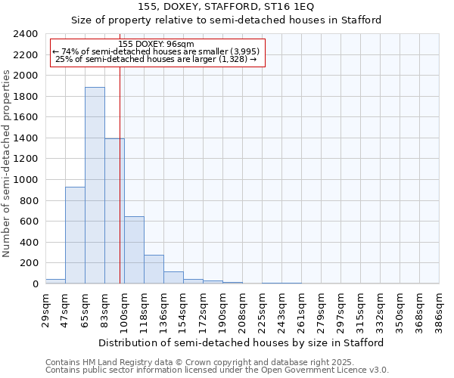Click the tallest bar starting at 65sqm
tap(95, 185)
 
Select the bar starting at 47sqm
tap(75, 235)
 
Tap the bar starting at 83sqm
tap(114, 211)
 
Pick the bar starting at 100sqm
tap(134, 250)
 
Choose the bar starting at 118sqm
tap(154, 269)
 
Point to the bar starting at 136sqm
tap(173, 277)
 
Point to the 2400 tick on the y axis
tap(26, 34)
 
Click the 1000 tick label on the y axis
tap(26, 180)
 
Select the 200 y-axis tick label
tap(29, 263)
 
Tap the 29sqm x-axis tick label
tap(45, 310)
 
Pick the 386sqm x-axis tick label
tap(439, 310)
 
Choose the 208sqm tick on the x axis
tap(242, 310)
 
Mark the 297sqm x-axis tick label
tap(340, 310)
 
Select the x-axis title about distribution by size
tap(241, 342)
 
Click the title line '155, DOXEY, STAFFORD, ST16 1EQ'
tap(226, 8)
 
